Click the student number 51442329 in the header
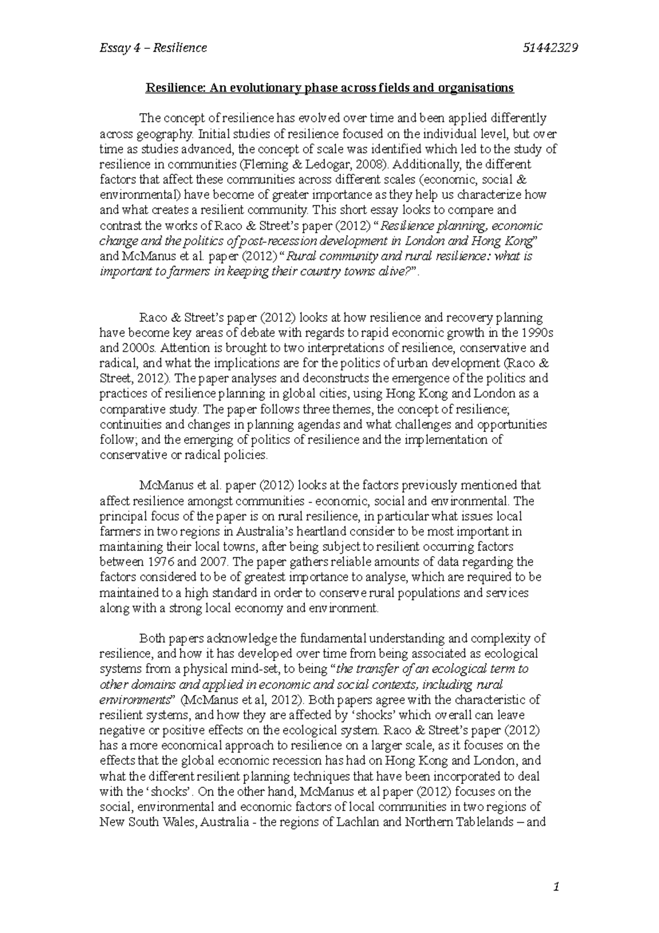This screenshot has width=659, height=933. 551,48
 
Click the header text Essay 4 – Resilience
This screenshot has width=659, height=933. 153,48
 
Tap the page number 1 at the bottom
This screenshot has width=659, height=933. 557,886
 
